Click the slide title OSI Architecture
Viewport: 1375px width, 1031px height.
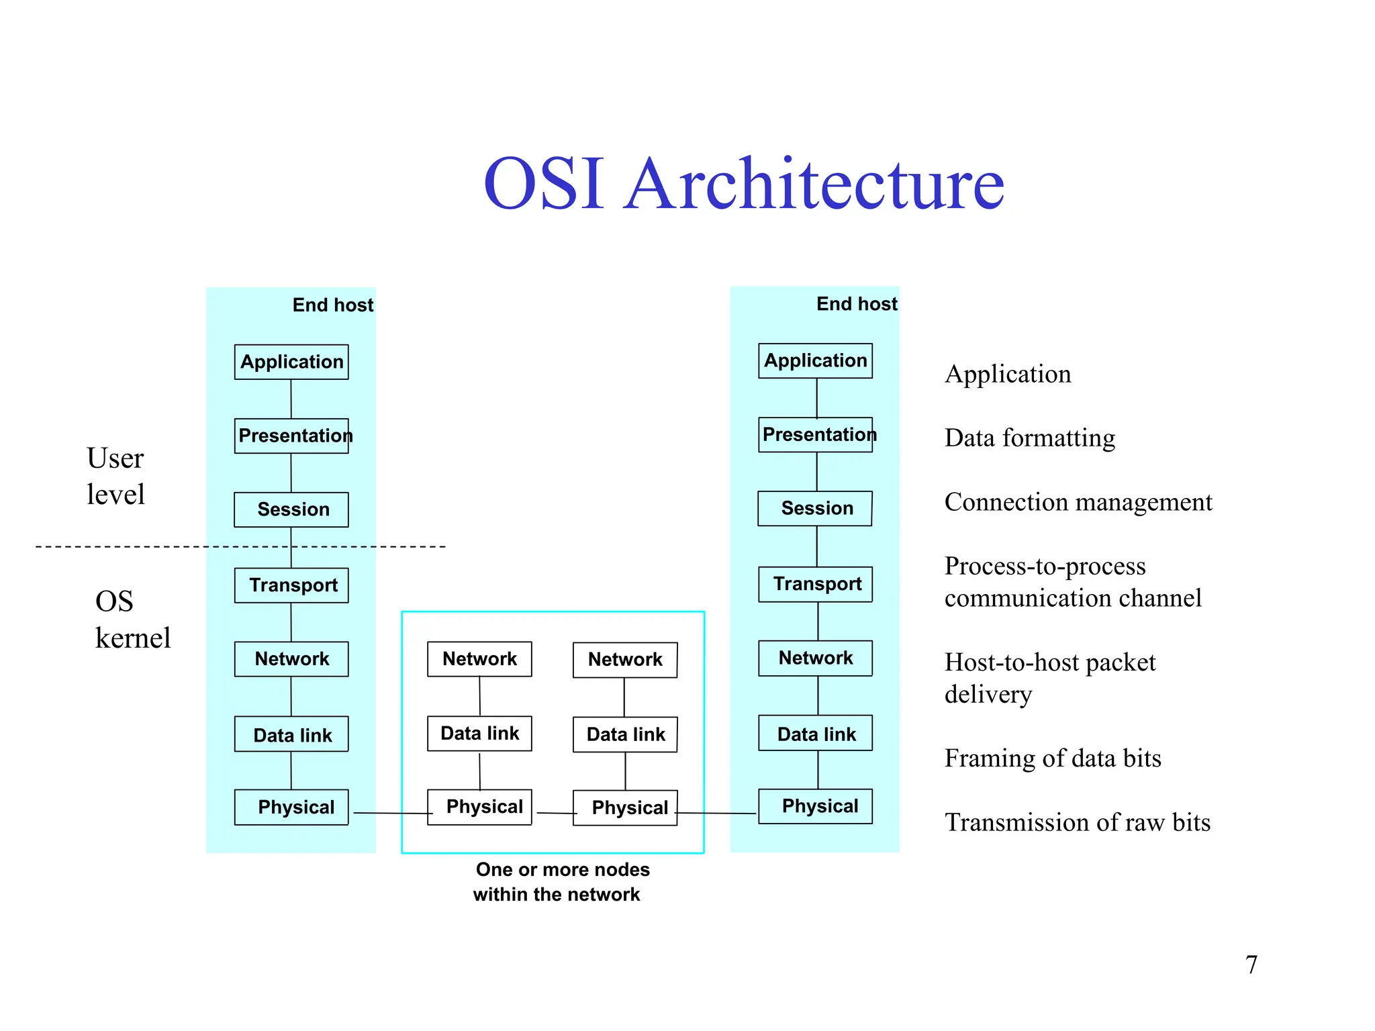click(x=743, y=184)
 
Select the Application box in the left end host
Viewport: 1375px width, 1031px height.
click(x=291, y=362)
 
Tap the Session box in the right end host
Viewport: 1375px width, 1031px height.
click(x=815, y=508)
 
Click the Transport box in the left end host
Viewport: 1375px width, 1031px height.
click(x=291, y=585)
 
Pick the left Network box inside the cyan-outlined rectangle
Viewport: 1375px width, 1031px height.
click(x=479, y=659)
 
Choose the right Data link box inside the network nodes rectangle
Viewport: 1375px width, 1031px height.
click(x=625, y=734)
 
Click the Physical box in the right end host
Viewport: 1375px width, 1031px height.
click(x=815, y=806)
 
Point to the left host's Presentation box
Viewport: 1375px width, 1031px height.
click(x=291, y=436)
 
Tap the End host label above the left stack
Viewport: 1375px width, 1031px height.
click(x=332, y=305)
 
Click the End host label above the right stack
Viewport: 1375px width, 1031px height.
click(x=856, y=304)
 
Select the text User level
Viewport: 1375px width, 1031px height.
click(x=115, y=476)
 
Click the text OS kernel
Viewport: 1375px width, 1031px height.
click(x=132, y=620)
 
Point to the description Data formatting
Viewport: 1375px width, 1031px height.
click(x=1029, y=438)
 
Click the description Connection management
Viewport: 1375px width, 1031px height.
click(x=1078, y=502)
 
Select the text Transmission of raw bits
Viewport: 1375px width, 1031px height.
click(x=1077, y=822)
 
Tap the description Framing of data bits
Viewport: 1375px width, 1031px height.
click(x=1052, y=758)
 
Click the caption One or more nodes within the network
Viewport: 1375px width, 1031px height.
click(x=561, y=882)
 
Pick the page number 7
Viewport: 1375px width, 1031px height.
click(x=1251, y=965)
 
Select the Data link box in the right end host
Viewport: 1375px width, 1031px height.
click(x=815, y=733)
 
